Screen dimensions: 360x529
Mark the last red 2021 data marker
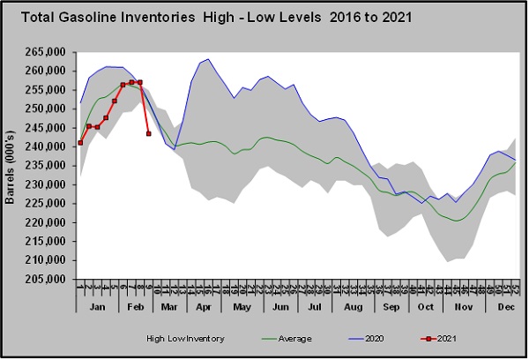coord(148,133)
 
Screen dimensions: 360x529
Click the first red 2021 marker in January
coord(80,142)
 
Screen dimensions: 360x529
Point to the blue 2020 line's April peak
coord(207,60)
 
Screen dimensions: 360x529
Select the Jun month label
coord(281,306)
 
